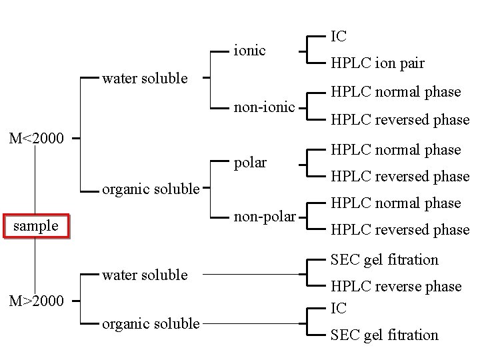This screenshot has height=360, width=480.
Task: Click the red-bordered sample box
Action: [x=36, y=226]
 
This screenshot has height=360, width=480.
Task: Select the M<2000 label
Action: [x=36, y=139]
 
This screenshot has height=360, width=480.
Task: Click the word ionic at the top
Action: [x=249, y=50]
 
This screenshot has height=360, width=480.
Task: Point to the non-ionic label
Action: [x=263, y=106]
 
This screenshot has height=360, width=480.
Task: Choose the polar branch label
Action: [x=250, y=163]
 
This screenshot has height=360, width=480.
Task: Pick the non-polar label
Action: [x=263, y=217]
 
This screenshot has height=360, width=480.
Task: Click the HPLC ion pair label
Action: [x=377, y=63]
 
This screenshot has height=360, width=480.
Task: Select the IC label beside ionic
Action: [x=339, y=36]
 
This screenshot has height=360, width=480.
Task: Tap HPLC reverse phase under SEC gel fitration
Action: [x=396, y=287]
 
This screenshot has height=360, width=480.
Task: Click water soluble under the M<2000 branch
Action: [x=145, y=79]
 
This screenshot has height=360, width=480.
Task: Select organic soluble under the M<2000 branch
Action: [x=150, y=189]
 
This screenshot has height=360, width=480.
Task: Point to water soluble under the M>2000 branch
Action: [x=145, y=275]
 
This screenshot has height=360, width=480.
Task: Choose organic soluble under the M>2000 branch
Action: [x=150, y=324]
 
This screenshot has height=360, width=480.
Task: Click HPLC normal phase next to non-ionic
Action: [x=396, y=92]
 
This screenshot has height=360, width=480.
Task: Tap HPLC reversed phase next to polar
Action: [x=400, y=177]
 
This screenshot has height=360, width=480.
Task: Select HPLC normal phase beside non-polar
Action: [x=396, y=203]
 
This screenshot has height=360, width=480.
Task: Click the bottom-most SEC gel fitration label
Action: [x=385, y=335]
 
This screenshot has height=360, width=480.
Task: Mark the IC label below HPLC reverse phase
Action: [x=339, y=309]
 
